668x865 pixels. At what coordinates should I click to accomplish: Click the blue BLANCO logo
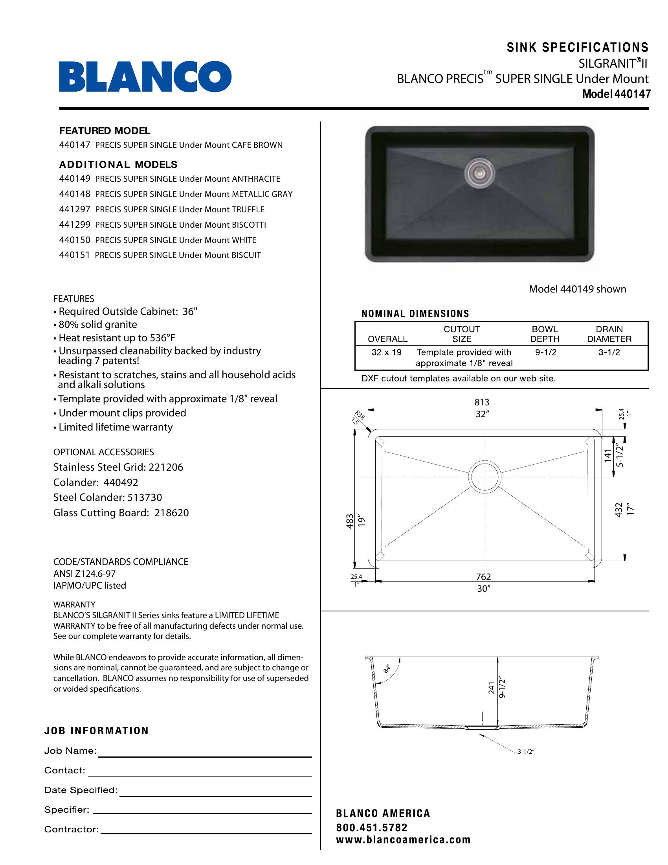pyautogui.click(x=145, y=76)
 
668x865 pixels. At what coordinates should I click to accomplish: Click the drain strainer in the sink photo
pyautogui.click(x=479, y=171)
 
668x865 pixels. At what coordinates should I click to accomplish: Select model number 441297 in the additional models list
pyautogui.click(x=75, y=210)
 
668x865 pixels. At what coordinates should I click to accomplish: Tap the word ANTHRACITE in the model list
pyautogui.click(x=256, y=179)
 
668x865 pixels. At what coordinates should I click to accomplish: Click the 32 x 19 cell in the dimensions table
pyautogui.click(x=386, y=352)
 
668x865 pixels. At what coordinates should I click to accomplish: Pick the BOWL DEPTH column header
pyautogui.click(x=545, y=334)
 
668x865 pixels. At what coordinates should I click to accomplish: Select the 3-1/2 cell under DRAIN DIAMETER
pyautogui.click(x=609, y=352)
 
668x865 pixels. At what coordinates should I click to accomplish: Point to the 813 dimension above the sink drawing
pyautogui.click(x=482, y=402)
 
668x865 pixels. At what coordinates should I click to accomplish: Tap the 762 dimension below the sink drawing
pyautogui.click(x=483, y=577)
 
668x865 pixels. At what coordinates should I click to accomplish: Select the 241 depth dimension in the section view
pyautogui.click(x=492, y=688)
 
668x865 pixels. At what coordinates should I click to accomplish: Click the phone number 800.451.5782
pyautogui.click(x=372, y=828)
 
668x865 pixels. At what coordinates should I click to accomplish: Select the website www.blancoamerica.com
pyautogui.click(x=403, y=840)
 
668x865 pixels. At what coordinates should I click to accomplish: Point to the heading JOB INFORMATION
pyautogui.click(x=96, y=731)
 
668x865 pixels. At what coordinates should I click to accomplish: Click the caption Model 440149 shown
pyautogui.click(x=577, y=289)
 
